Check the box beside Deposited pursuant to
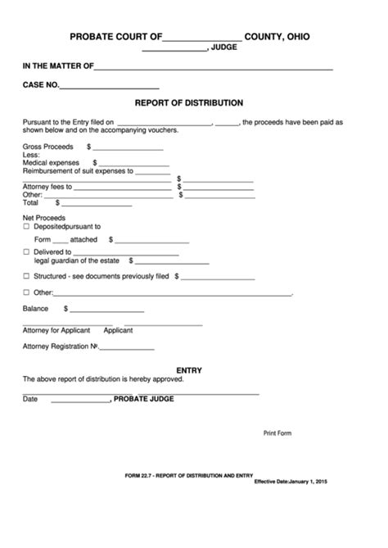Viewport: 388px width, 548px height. tap(26, 225)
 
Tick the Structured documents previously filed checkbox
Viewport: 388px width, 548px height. tap(26, 277)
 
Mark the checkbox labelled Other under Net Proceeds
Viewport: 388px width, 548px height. tap(26, 292)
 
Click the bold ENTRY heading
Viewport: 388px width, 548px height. tap(189, 370)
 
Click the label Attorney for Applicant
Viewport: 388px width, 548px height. tap(54, 330)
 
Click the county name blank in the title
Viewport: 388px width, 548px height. tap(202, 37)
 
